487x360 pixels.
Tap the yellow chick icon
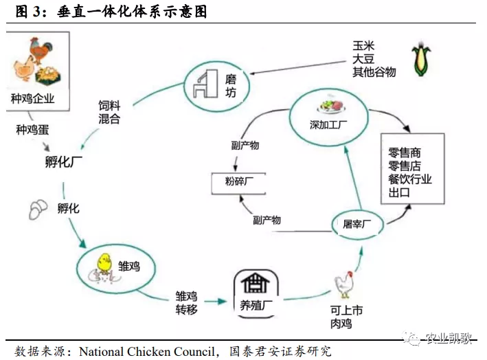[104, 263]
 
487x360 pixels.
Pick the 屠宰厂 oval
[357, 225]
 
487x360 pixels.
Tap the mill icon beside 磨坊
[201, 83]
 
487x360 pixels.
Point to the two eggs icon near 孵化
[38, 209]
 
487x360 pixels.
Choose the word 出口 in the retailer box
[399, 193]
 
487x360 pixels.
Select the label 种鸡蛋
[32, 130]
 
